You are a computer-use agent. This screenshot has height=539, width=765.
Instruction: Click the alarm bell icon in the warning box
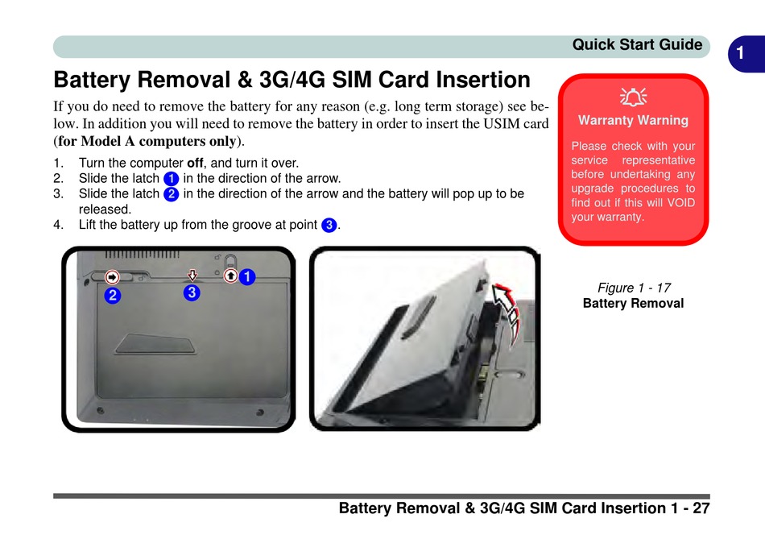(633, 97)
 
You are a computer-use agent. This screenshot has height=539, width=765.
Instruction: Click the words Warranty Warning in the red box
(633, 120)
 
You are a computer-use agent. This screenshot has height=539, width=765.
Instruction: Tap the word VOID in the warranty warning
(680, 202)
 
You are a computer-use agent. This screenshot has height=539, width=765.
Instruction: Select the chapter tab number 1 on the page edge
(740, 52)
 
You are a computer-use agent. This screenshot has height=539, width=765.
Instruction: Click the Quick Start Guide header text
(637, 44)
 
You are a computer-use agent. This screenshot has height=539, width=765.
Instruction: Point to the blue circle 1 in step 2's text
(172, 179)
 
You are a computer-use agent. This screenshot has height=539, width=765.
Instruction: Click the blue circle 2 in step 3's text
(172, 194)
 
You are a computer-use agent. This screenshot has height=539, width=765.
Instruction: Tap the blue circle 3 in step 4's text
(329, 225)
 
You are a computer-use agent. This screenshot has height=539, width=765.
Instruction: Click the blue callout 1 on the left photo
(247, 277)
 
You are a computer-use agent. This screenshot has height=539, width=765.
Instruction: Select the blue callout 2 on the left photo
(113, 296)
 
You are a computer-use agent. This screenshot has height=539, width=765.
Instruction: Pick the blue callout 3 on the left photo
(192, 292)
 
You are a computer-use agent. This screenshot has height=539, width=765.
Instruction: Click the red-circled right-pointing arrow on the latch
(112, 277)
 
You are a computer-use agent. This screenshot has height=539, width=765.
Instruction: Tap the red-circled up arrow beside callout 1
(231, 276)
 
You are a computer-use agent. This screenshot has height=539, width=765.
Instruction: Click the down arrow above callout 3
(192, 276)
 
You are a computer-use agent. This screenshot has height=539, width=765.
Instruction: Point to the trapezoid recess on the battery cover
(155, 344)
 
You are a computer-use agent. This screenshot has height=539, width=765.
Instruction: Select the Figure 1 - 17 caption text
(634, 288)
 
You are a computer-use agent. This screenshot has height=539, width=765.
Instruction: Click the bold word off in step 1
(195, 163)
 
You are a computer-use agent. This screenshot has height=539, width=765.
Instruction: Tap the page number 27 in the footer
(701, 508)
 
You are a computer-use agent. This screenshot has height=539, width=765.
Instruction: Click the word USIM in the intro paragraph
(501, 123)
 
